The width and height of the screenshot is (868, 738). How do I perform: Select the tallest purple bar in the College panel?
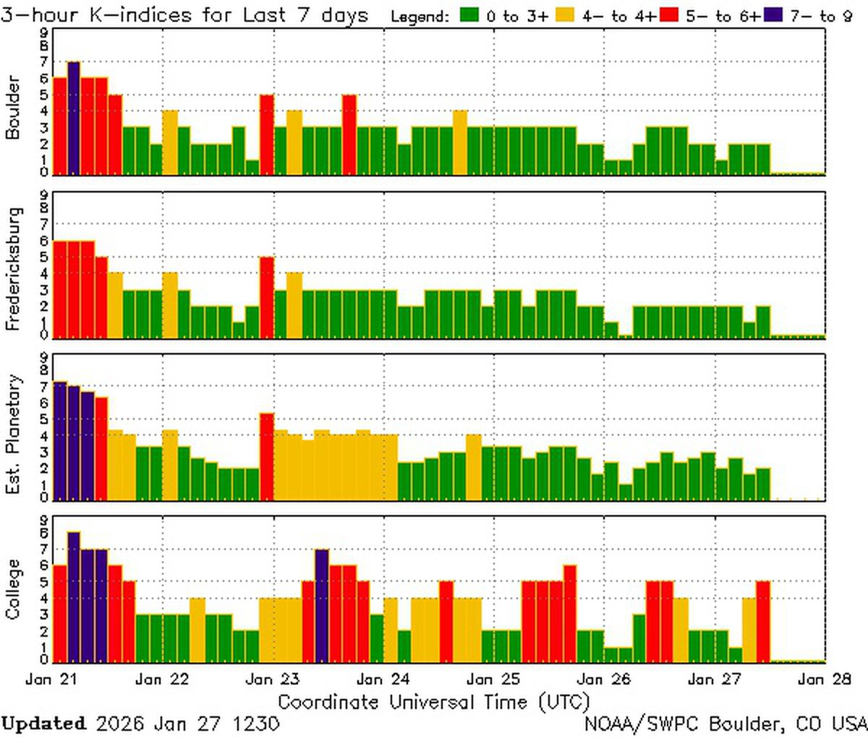[x=73, y=596]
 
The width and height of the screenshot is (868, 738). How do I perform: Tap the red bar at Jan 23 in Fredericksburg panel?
[x=266, y=297]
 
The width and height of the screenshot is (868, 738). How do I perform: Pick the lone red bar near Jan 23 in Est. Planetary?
[x=266, y=456]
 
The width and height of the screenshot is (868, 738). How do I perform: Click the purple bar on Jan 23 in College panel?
[x=322, y=605]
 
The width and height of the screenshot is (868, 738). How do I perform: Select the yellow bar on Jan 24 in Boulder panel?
[x=460, y=142]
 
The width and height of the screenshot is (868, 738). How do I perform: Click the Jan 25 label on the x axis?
[x=494, y=679]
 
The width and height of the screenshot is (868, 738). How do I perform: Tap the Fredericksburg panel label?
[x=13, y=268]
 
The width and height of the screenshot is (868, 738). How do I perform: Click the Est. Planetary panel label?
[x=13, y=434]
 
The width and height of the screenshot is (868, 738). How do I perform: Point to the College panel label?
[x=13, y=589]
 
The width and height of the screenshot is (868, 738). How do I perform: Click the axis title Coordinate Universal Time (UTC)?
[x=434, y=701]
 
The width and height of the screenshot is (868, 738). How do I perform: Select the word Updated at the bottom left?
[x=43, y=723]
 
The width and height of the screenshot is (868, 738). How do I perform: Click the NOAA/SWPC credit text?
[x=726, y=723]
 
